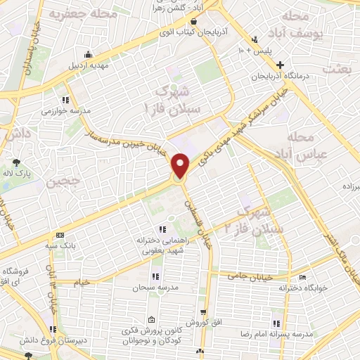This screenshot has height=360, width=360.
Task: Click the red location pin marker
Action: click(181, 166)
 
